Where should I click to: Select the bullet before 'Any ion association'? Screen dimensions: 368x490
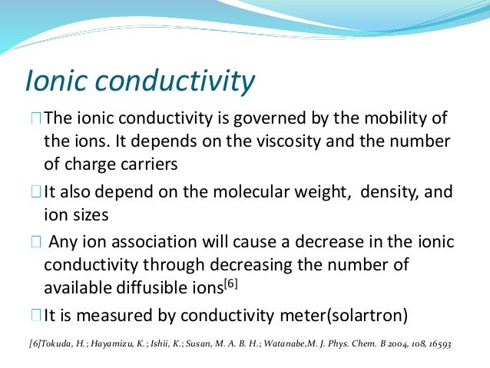tap(36, 242)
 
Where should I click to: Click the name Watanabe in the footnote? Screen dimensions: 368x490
tap(283, 342)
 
